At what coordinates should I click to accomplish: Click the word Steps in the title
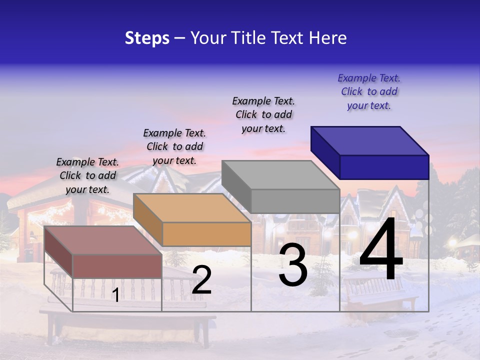click(x=147, y=38)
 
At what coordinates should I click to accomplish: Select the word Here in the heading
click(x=328, y=38)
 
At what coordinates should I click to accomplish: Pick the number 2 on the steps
click(x=201, y=280)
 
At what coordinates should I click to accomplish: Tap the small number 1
click(x=115, y=295)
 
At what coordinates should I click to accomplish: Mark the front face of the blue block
click(x=384, y=167)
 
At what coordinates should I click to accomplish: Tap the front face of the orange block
click(x=206, y=234)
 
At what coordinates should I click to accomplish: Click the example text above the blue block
click(x=369, y=91)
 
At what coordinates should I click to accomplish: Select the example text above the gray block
click(x=263, y=114)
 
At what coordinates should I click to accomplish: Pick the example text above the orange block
click(x=174, y=146)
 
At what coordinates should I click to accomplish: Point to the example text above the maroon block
click(x=87, y=175)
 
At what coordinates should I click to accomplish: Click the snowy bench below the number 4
click(x=380, y=295)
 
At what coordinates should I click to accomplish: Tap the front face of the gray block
click(x=295, y=201)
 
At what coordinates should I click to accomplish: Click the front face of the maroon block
click(x=117, y=266)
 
